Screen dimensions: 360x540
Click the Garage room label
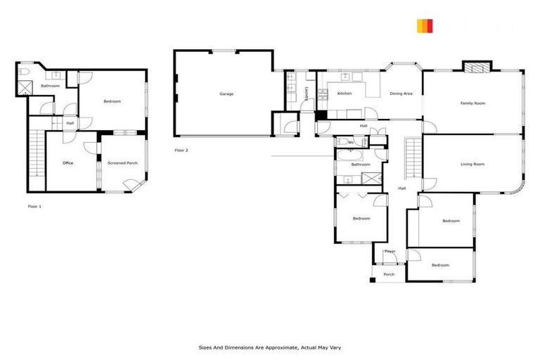(226, 94)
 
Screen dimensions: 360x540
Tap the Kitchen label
(345, 94)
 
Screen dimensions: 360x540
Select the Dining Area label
(401, 94)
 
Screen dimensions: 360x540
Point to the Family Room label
(472, 103)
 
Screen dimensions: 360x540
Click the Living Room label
(472, 165)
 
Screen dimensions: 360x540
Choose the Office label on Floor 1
(68, 163)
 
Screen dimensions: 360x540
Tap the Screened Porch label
(122, 163)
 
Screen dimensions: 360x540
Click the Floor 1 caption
(34, 206)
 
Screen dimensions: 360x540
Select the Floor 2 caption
(181, 150)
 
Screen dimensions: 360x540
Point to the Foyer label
(390, 251)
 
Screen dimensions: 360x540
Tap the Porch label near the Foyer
(389, 274)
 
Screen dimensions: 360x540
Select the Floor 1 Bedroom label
(112, 102)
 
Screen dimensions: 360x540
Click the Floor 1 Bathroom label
(50, 86)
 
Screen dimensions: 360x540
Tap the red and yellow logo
(425, 27)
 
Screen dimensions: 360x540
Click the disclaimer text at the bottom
(270, 347)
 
